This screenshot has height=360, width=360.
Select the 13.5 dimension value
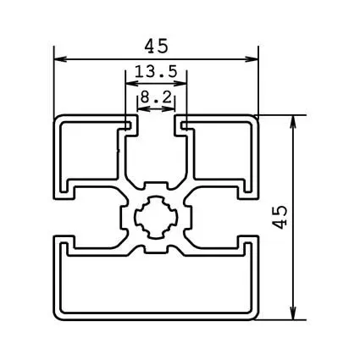(x=155, y=73)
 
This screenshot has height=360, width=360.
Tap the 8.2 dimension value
(x=156, y=98)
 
